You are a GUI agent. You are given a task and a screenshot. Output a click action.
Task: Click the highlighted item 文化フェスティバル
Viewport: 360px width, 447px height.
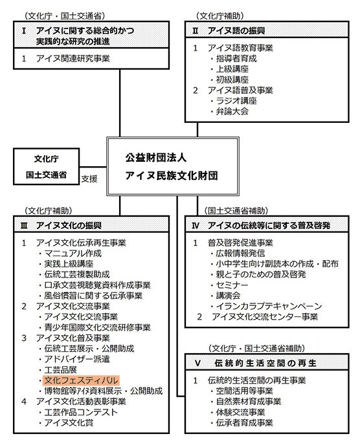81,380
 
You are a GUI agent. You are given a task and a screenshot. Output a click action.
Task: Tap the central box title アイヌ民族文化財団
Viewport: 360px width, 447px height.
172,175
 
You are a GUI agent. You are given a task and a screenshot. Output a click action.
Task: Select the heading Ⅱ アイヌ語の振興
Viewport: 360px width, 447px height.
229,30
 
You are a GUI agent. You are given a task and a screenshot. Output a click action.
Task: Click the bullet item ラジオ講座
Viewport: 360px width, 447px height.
236,101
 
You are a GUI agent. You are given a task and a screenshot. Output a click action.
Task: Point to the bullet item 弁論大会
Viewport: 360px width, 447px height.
232,111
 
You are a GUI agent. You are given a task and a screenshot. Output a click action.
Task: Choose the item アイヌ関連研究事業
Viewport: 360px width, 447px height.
73,58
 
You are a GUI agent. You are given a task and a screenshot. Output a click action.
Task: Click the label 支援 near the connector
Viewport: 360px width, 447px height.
89,179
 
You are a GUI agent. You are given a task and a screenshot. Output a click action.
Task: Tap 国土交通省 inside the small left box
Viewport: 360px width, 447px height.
46,175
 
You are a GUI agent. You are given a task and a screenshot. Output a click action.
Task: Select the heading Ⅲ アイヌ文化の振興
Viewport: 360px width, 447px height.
61,226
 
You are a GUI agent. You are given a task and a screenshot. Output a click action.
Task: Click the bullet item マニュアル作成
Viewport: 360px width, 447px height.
73,253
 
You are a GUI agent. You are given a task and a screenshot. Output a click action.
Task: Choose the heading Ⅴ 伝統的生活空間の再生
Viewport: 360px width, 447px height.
256,363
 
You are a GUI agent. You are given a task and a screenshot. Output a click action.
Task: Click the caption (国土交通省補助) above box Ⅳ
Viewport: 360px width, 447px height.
236,211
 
